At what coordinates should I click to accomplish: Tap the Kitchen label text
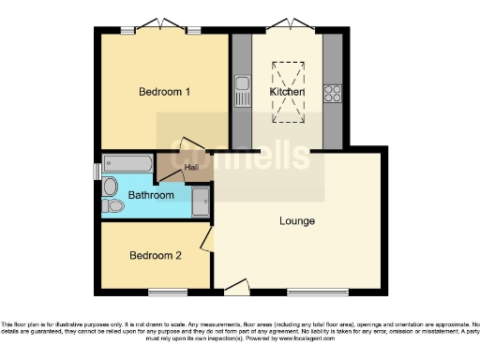287,92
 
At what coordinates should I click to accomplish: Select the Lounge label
296,221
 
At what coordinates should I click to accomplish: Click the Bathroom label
151,195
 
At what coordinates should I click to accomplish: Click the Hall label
191,167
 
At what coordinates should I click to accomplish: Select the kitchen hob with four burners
332,92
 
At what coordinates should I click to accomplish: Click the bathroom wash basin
110,185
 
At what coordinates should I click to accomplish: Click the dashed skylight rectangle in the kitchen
286,92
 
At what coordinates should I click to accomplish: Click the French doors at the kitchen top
287,25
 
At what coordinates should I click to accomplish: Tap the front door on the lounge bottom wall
234,284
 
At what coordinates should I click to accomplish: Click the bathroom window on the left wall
97,172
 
